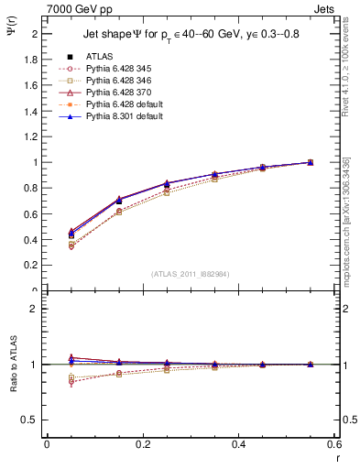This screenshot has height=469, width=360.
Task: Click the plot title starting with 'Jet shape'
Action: coord(192,35)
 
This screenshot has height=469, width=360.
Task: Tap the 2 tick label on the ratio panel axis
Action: coord(35,309)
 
